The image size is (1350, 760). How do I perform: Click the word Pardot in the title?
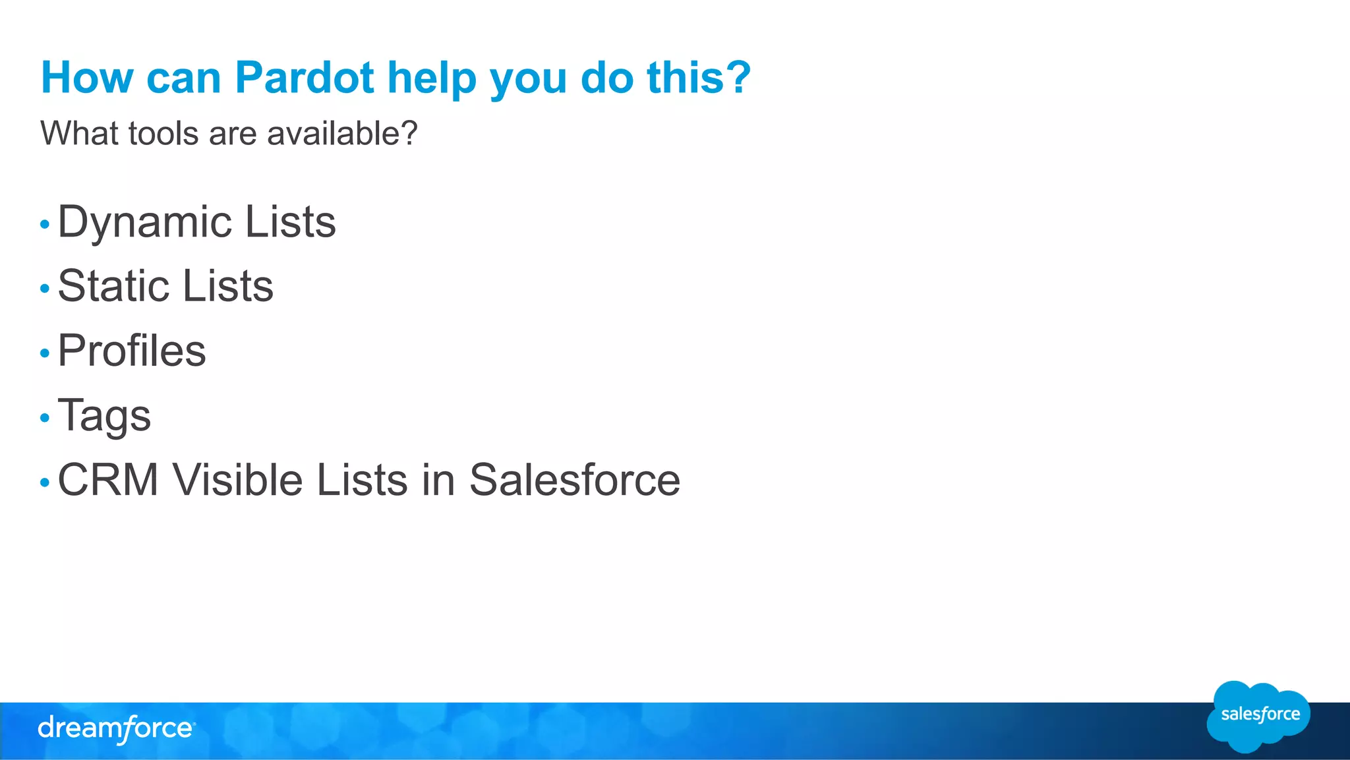305,78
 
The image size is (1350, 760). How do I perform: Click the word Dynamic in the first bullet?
144,223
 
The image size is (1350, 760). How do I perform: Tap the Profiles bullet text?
132,350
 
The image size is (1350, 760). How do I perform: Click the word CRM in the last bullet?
108,479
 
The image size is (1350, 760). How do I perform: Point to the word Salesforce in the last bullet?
574,479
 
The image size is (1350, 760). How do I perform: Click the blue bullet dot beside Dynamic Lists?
45,225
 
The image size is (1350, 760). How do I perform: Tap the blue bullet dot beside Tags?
45,418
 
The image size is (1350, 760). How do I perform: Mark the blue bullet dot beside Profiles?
45,353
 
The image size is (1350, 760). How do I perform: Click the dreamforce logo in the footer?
116,729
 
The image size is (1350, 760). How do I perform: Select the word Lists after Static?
227,286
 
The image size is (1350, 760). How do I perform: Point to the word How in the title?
87,78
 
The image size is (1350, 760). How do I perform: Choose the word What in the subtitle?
80,133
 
